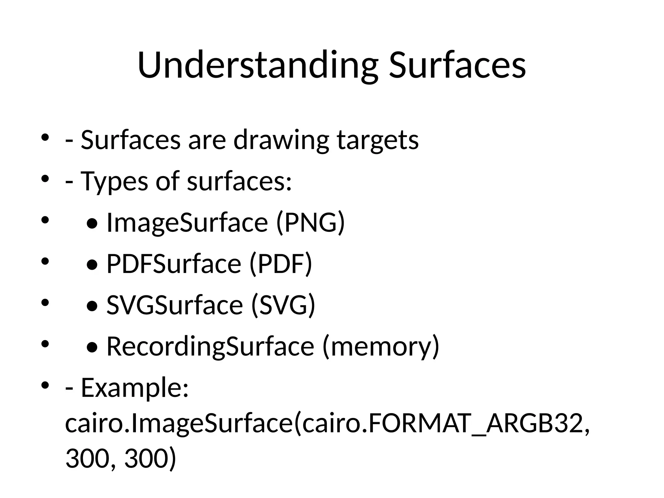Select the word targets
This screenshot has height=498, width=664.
[378, 140]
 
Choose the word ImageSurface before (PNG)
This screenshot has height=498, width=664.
[187, 222]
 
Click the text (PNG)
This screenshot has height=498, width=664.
[310, 222]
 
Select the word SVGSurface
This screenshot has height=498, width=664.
[174, 305]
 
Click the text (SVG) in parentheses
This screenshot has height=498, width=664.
[283, 305]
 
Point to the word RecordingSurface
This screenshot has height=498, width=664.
[210, 346]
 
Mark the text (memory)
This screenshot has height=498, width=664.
[381, 346]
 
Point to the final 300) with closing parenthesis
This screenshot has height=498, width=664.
[150, 459]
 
